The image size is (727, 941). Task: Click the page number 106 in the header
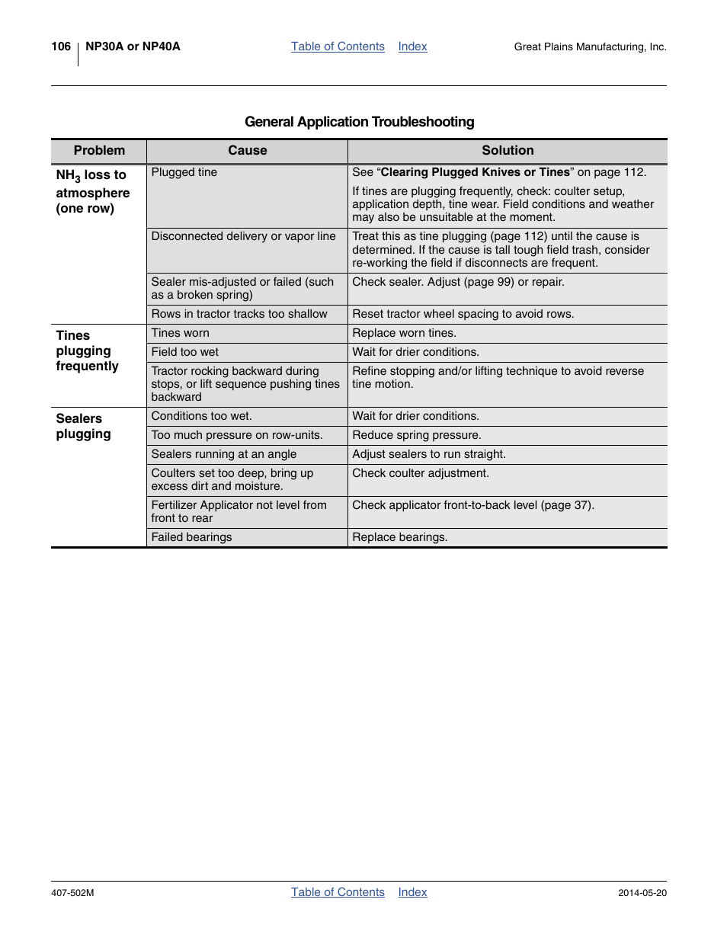[x=61, y=46]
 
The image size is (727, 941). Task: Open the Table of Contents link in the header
[x=338, y=46]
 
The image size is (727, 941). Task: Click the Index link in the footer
[x=412, y=892]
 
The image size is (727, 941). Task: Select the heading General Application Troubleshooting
[x=359, y=122]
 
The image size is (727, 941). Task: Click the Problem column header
[x=99, y=151]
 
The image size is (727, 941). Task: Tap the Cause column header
[x=247, y=151]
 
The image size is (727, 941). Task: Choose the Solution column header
[x=508, y=151]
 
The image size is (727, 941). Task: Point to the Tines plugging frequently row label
[x=87, y=350]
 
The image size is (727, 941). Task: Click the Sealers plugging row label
[x=83, y=426]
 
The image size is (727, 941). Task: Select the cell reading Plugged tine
[x=184, y=172]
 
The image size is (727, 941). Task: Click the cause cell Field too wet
[x=184, y=352]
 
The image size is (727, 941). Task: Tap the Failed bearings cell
[x=191, y=537]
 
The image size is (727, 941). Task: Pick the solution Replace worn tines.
[x=404, y=333]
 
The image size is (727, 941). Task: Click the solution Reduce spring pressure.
[x=416, y=435]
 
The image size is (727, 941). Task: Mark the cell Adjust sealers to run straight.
[x=428, y=454]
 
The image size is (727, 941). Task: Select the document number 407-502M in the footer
[x=72, y=893]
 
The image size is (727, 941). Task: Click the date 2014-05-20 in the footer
[x=642, y=893]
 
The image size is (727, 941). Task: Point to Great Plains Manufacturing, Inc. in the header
[x=590, y=47]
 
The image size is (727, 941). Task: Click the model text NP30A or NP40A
[x=133, y=46]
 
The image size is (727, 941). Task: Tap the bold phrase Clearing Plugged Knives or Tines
[x=475, y=172]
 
